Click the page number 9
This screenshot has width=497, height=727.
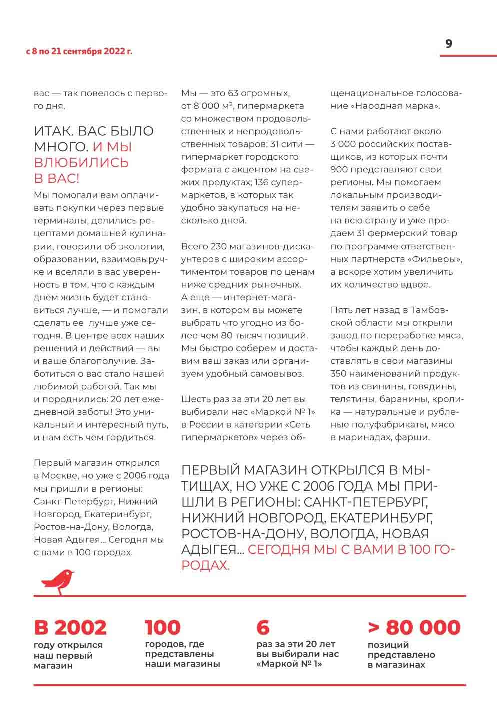pyautogui.click(x=449, y=44)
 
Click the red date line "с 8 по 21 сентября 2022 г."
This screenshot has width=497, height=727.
pyautogui.click(x=79, y=51)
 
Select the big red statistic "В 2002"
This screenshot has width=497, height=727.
pyautogui.click(x=70, y=627)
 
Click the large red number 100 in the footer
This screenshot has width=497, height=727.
pyautogui.click(x=163, y=627)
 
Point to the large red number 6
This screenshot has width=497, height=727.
pyautogui.click(x=263, y=627)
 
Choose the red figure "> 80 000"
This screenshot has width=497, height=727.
pyautogui.click(x=414, y=627)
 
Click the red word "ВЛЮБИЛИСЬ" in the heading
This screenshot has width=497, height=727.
pyautogui.click(x=81, y=163)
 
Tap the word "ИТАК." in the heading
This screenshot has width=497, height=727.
pyautogui.click(x=55, y=132)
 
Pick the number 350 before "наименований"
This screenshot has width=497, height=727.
pyautogui.click(x=340, y=374)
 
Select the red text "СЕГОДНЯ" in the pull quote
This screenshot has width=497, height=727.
pyautogui.click(x=279, y=550)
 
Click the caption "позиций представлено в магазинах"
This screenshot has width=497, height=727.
pyautogui.click(x=401, y=655)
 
